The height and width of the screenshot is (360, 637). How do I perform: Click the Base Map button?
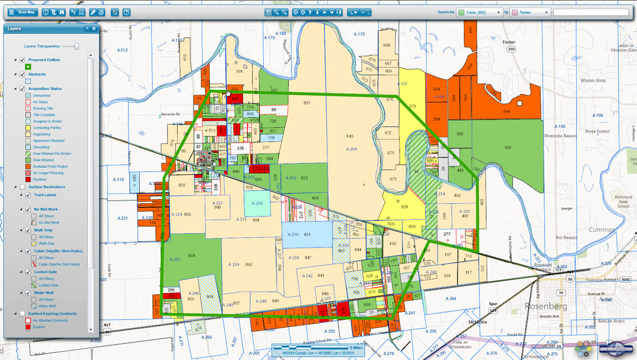point(23,12)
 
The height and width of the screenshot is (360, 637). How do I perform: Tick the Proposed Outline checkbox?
point(22,60)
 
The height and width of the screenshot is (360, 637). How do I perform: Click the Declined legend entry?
point(39,179)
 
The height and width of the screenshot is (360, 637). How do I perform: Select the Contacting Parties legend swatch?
point(27,128)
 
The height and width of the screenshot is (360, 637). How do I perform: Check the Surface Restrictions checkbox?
point(22,187)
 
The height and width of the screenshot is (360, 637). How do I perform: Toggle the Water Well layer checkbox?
point(28,292)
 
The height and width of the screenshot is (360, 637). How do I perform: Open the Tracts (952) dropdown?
point(479,12)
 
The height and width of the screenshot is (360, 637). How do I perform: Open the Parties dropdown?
point(530,12)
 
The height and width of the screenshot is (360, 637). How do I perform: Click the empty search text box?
point(591,12)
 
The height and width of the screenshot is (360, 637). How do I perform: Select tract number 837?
point(307,103)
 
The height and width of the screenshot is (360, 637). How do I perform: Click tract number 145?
point(350,136)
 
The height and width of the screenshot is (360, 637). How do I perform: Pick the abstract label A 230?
point(291,234)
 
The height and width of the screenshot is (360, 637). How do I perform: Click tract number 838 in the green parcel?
point(192,255)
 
